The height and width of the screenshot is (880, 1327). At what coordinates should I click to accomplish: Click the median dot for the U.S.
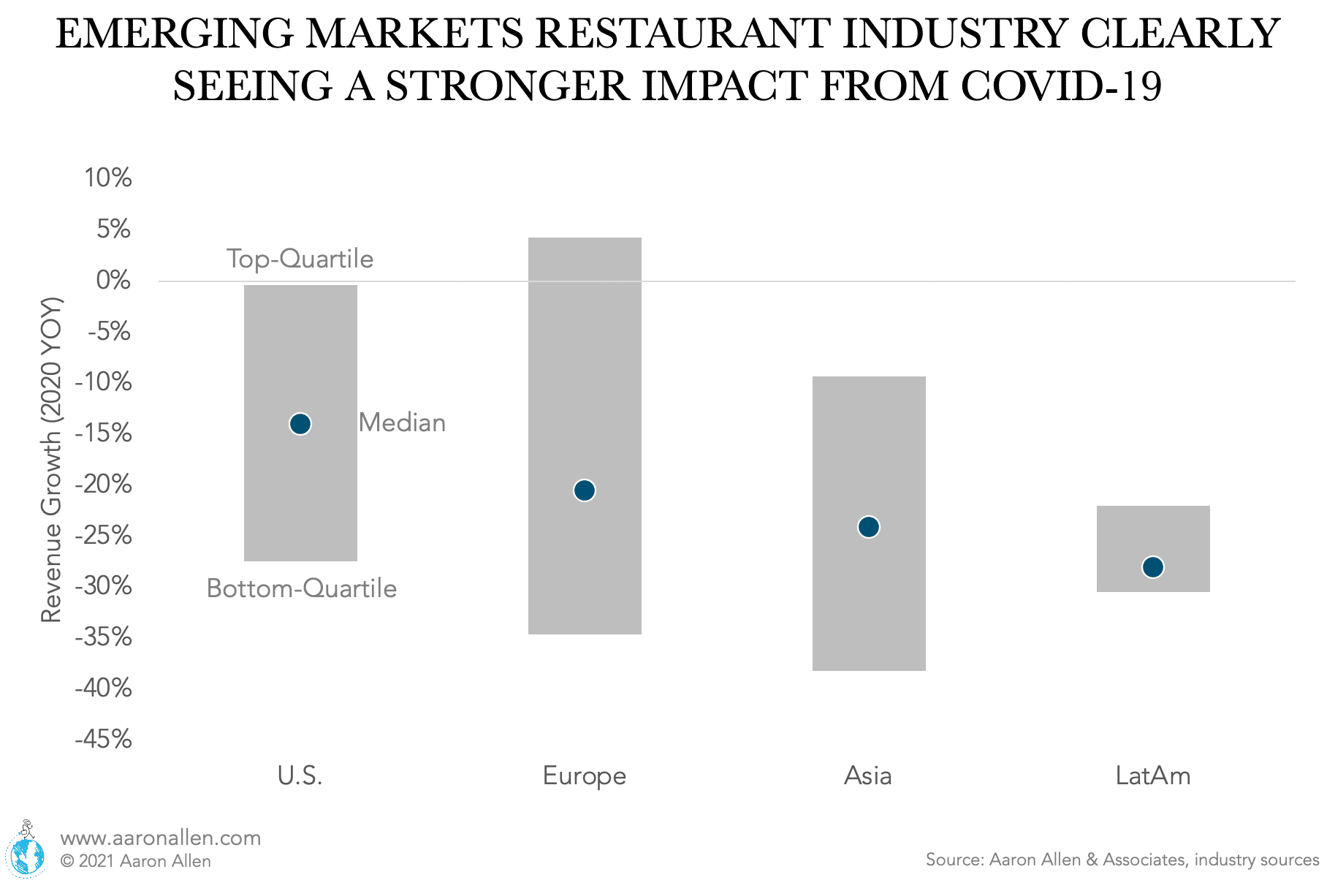300,424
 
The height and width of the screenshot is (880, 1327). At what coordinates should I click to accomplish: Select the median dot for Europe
585,490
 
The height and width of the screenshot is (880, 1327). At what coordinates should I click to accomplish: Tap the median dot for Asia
869,527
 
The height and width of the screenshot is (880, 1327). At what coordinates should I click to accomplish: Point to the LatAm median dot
1153,567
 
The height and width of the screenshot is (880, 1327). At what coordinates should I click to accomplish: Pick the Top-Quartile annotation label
300,259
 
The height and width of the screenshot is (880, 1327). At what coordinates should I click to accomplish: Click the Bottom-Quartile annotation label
301,588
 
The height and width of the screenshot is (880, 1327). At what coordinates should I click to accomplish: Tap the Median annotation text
402,423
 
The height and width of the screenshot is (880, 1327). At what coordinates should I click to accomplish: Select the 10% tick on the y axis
107,178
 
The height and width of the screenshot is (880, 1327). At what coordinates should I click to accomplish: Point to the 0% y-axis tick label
113,281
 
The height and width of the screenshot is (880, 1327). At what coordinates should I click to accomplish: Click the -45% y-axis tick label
103,739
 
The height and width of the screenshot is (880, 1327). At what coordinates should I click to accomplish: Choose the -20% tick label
103,485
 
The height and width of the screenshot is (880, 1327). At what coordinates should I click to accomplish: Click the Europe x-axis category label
585,775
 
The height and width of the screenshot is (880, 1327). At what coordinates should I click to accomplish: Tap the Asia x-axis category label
868,775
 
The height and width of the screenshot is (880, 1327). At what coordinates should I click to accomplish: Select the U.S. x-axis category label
300,775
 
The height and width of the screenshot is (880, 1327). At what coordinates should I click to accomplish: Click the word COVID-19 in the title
1060,86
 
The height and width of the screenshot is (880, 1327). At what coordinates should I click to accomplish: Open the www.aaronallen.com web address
161,838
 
